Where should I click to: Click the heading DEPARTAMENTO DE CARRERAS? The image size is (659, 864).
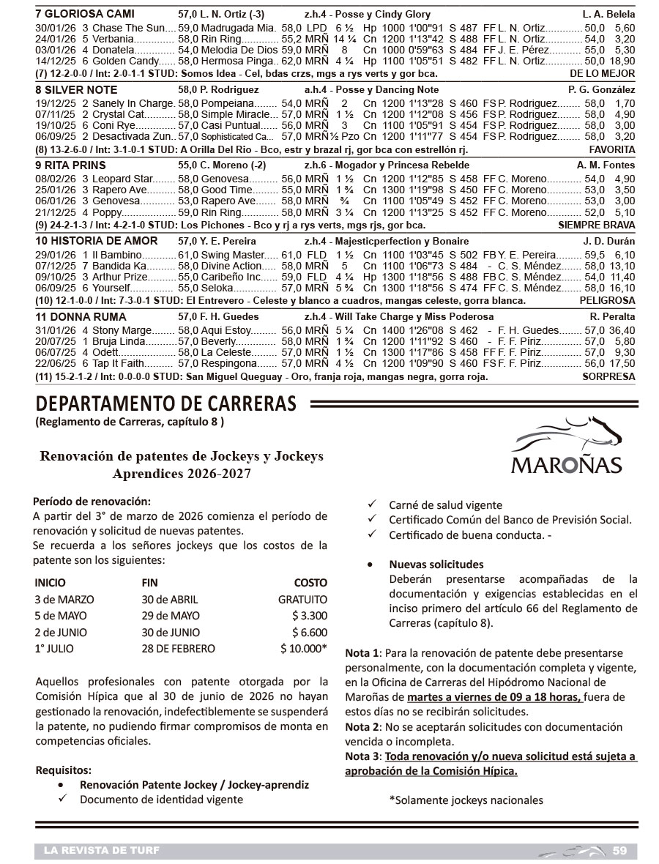pyautogui.click(x=166, y=404)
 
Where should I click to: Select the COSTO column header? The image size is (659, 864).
pyautogui.click(x=310, y=583)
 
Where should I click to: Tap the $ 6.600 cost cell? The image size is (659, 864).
pyautogui.click(x=309, y=632)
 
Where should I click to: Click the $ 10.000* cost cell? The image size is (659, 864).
pyautogui.click(x=303, y=648)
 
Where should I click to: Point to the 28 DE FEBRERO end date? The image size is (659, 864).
pyautogui.click(x=179, y=648)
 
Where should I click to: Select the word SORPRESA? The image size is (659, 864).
pyautogui.click(x=608, y=377)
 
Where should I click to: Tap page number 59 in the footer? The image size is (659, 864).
pyautogui.click(x=619, y=850)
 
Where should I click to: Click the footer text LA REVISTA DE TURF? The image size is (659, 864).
pyautogui.click(x=101, y=850)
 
